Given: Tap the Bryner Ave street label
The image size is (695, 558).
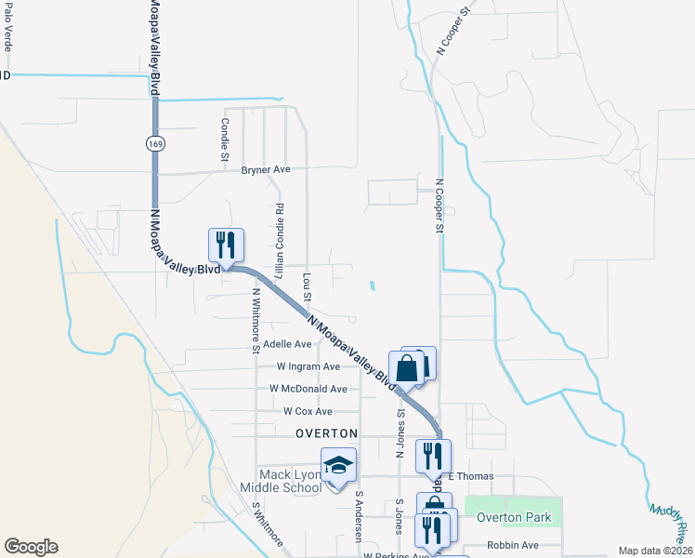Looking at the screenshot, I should pyautogui.click(x=266, y=170).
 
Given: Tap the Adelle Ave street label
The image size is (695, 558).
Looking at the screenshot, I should pyautogui.click(x=287, y=344).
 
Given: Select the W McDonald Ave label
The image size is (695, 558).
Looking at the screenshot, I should pyautogui.click(x=308, y=389).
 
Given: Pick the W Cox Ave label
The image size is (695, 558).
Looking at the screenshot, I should pyautogui.click(x=308, y=411).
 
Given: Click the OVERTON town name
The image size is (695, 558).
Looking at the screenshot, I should pyautogui.click(x=326, y=433).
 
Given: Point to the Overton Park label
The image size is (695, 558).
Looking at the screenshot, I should pyautogui.click(x=514, y=517).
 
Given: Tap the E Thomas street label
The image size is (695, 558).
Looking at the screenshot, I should pyautogui.click(x=468, y=475).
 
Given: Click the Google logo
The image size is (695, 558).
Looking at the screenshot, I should pyautogui.click(x=31, y=547).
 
